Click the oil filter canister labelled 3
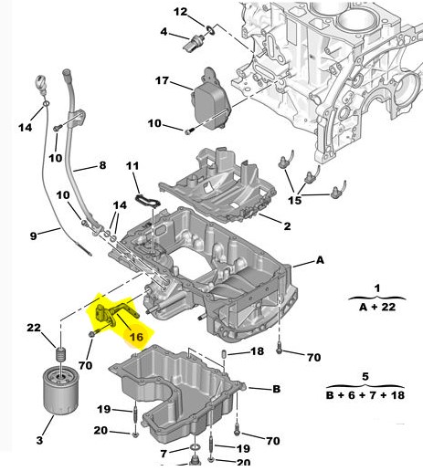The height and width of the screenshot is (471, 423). coord(60,391)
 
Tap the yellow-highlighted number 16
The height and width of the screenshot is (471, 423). coord(136,337)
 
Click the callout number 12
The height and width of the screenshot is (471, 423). coord(180,12)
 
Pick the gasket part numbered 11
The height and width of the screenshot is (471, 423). coord(147,202)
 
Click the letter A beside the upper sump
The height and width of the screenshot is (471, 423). coord(320,260)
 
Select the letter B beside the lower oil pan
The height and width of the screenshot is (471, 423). coord(276,389)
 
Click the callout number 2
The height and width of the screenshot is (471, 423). coord(287,226)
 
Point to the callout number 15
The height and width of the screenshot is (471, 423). coord(294,200)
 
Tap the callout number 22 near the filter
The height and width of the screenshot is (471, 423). coord(34,328)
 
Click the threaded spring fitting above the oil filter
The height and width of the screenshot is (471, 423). coord(62,355)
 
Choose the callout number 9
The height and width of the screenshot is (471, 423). coord(33,235)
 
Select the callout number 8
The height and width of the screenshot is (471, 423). coord(102,165)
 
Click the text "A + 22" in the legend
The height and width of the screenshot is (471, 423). coord(377,307)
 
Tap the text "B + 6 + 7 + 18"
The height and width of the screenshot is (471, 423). coord(365,395)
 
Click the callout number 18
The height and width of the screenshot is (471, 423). coord(257,351)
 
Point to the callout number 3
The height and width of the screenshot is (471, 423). coord(39,440)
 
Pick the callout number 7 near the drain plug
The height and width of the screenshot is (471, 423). coord(164,454)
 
